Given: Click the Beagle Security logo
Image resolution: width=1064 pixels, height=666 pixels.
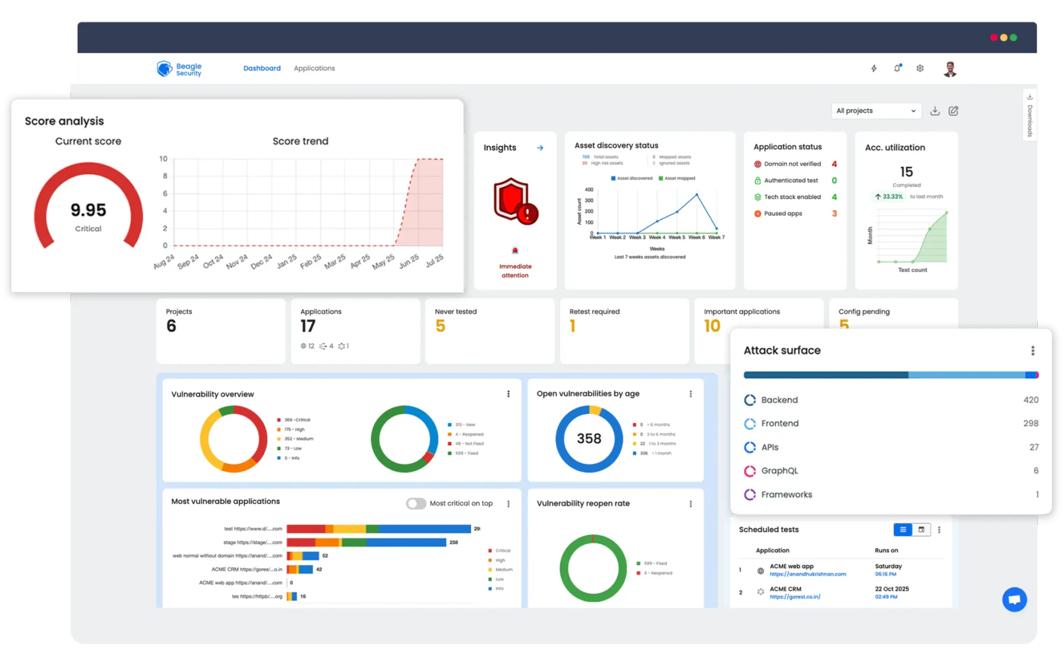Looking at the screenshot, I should click(179, 69).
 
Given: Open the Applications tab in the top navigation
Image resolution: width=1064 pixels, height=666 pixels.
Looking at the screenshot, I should click(314, 68).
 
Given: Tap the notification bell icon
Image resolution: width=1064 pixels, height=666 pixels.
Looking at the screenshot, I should click(897, 68).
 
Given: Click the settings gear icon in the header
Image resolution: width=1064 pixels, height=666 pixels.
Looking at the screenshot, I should click(920, 68).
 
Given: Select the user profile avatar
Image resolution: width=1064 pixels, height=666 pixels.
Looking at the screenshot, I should click(950, 69).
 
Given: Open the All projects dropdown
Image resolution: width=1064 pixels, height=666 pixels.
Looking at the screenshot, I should click(875, 111).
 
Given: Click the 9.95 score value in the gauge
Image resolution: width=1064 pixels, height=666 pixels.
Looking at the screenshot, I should click(88, 210).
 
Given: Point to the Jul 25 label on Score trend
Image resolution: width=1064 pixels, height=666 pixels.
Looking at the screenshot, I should click(434, 260).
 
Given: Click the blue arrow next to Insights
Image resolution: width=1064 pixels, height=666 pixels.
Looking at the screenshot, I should click(540, 148).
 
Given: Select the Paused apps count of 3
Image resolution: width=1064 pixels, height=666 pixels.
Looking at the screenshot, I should click(834, 214).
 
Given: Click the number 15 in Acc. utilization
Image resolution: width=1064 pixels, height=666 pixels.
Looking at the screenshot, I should click(906, 172).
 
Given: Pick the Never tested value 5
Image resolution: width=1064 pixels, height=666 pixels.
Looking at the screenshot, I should click(440, 326).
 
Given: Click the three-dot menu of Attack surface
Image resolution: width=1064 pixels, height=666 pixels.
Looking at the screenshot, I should click(1033, 351).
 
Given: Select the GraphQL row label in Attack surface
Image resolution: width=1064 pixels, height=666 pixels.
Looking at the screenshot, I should click(779, 471).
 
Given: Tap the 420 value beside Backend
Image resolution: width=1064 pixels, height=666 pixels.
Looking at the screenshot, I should click(1031, 400).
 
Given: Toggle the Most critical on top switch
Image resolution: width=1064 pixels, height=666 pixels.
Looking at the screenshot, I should click(416, 504).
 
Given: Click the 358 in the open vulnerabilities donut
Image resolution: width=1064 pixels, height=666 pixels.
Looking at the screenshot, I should click(589, 438).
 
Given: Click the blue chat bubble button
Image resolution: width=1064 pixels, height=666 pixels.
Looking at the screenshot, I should click(1014, 599).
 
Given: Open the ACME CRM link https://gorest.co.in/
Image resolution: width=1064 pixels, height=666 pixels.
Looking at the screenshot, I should click(795, 597).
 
